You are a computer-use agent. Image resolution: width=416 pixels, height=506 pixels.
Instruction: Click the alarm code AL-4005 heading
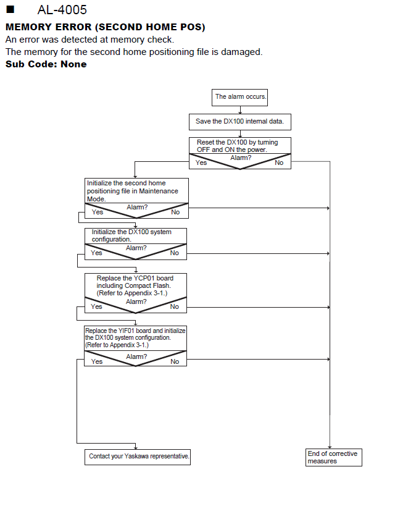click(x=62, y=10)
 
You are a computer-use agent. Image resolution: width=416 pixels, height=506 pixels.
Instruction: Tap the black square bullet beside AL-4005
click(x=10, y=9)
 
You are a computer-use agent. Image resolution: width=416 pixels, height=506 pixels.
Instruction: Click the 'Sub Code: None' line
click(x=46, y=64)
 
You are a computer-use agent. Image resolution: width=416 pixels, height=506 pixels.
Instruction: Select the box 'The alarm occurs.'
click(x=239, y=98)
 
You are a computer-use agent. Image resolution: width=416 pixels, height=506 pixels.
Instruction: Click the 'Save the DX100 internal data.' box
click(x=240, y=122)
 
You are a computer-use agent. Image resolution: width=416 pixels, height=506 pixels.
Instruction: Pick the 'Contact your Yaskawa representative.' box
click(x=138, y=457)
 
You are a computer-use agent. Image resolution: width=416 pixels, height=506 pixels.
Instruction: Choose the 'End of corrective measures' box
click(x=334, y=457)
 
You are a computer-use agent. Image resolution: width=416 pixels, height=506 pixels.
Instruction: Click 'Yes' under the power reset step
click(x=201, y=162)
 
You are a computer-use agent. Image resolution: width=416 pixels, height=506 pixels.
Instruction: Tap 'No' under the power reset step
click(x=279, y=162)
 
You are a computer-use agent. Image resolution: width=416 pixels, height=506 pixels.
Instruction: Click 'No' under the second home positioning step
click(x=175, y=212)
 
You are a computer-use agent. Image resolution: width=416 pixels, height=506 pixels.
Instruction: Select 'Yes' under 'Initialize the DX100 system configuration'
click(x=96, y=253)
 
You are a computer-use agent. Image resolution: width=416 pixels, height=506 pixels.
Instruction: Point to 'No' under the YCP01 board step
click(x=175, y=306)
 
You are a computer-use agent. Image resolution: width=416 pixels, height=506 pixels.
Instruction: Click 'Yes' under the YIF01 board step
click(x=97, y=361)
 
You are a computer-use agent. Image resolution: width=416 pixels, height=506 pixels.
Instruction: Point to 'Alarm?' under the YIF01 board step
click(x=136, y=356)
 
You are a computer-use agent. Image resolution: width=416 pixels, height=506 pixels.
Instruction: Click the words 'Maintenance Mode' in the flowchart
click(x=133, y=195)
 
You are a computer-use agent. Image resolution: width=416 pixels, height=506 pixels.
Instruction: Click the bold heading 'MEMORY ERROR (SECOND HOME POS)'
click(x=105, y=27)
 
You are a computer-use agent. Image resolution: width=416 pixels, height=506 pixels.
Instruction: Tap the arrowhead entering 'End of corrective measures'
click(x=330, y=447)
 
